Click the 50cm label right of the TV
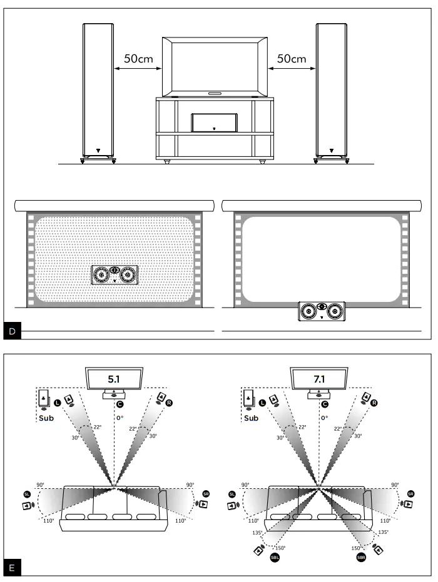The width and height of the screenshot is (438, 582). pyautogui.click(x=292, y=59)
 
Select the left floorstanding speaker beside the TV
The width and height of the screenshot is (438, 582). pyautogui.click(x=98, y=91)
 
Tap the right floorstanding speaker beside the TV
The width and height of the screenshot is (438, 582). pyautogui.click(x=331, y=91)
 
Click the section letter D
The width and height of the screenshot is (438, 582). pyautogui.click(x=13, y=331)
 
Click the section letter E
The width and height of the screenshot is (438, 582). pyautogui.click(x=13, y=569)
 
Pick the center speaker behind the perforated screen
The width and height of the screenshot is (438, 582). pyautogui.click(x=115, y=274)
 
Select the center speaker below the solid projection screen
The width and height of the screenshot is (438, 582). pyautogui.click(x=321, y=311)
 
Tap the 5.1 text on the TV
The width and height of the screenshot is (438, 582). pyautogui.click(x=115, y=378)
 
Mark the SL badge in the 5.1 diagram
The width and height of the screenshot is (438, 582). pyautogui.click(x=27, y=493)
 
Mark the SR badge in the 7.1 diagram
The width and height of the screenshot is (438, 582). pyautogui.click(x=410, y=493)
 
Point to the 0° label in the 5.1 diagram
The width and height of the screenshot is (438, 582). pyautogui.click(x=119, y=418)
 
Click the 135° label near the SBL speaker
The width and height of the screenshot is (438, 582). pyautogui.click(x=256, y=533)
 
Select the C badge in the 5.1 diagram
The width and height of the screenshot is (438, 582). pyautogui.click(x=119, y=404)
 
